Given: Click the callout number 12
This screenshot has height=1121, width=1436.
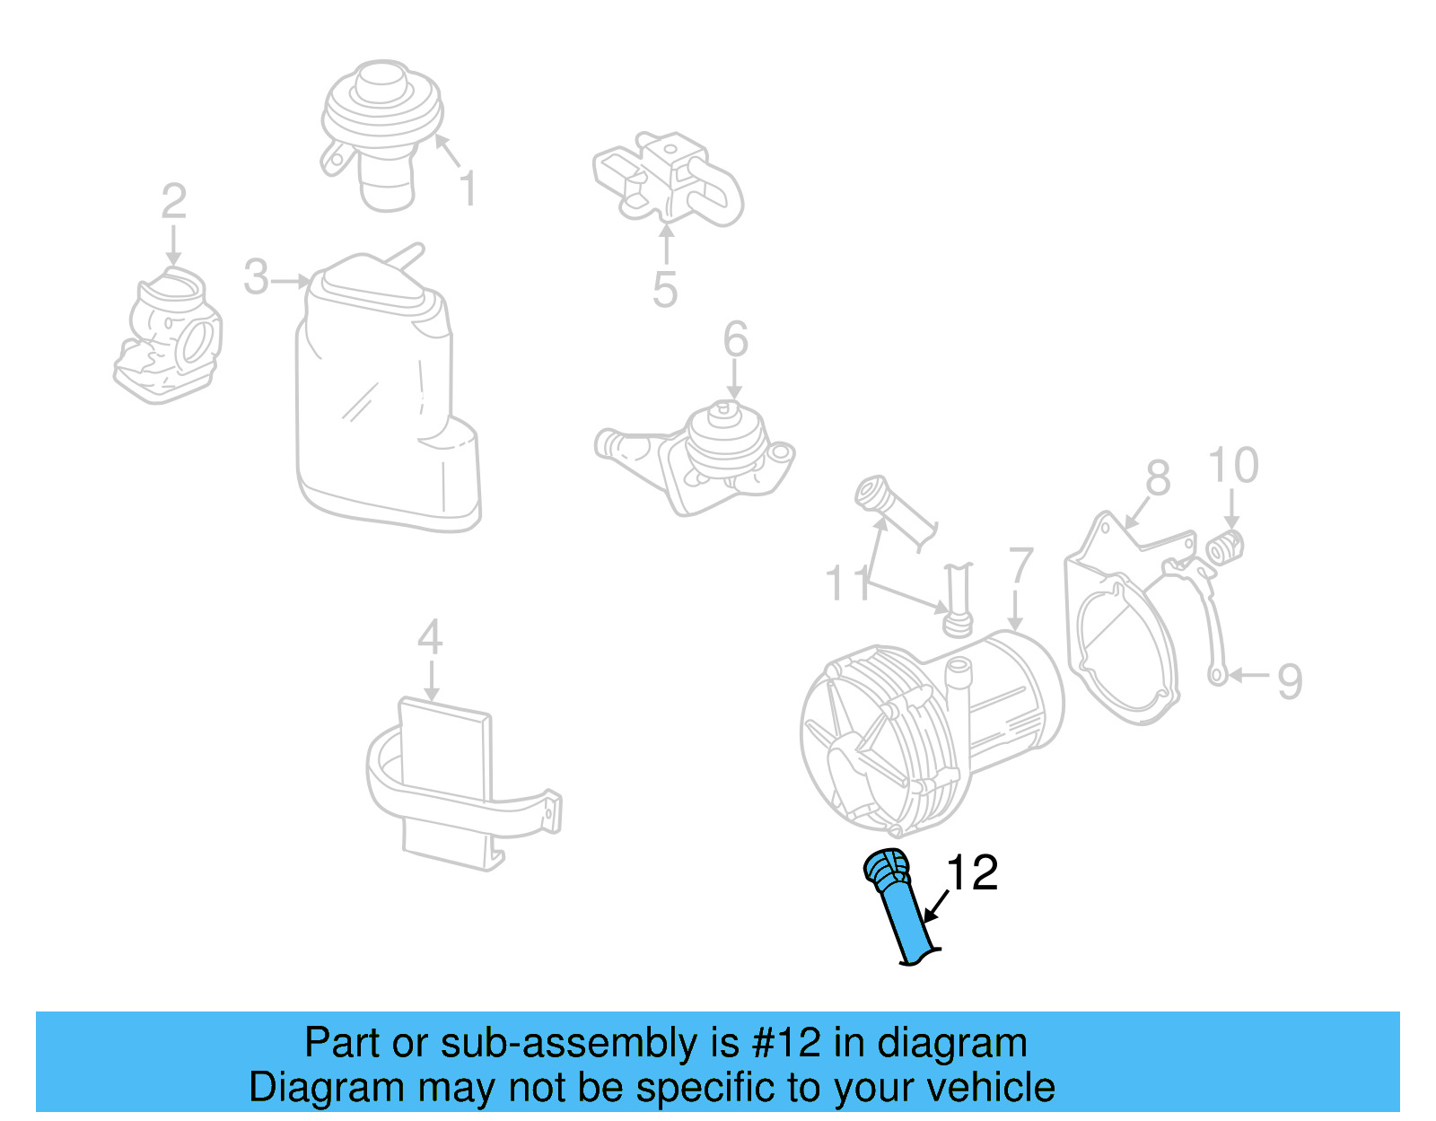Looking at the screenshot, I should (972, 873).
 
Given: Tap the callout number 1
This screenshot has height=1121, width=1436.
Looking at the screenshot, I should (468, 189).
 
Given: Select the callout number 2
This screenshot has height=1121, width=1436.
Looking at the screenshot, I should (173, 202).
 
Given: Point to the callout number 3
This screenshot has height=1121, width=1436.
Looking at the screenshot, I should (256, 277).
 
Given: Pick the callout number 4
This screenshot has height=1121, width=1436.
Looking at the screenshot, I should (430, 638).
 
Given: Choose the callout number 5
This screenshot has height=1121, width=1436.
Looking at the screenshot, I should (665, 290).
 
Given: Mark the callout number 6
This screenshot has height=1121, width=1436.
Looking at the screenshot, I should (736, 340).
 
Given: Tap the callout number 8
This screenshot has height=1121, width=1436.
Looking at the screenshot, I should (1159, 478).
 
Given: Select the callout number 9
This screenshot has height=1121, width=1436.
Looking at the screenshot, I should (1290, 681).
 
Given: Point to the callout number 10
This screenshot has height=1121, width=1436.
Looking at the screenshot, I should (1233, 466).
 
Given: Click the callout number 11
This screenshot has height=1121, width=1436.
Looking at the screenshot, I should (847, 583).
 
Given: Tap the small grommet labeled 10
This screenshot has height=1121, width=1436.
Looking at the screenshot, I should (1225, 547).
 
